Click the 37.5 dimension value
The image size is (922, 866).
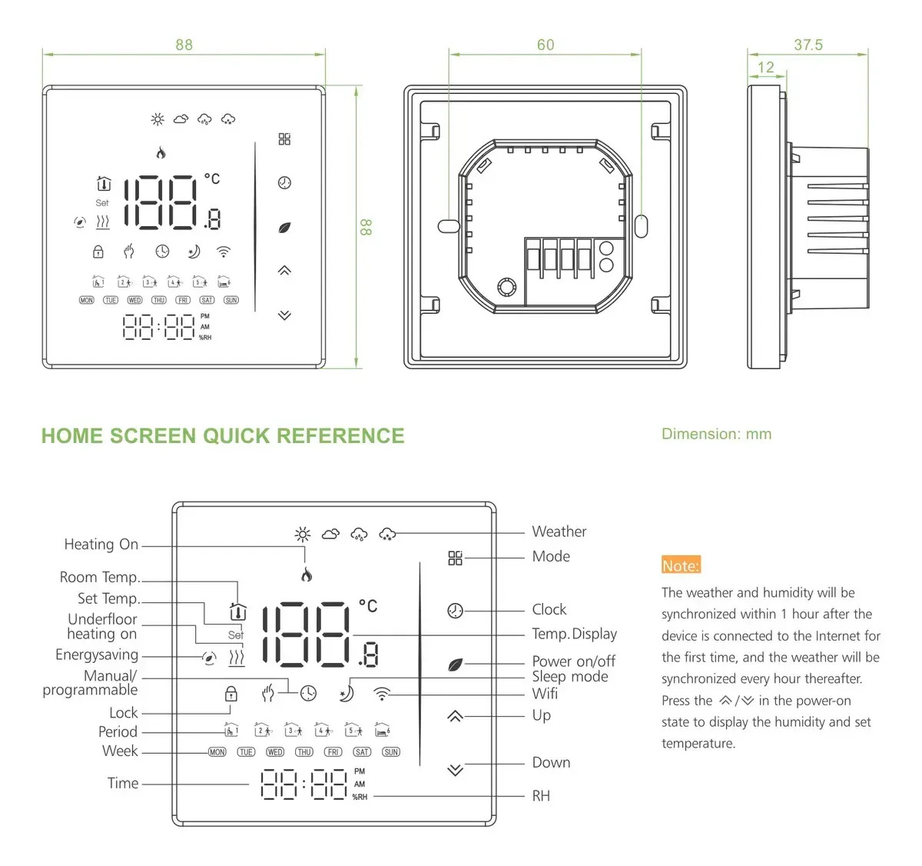tap(808, 45)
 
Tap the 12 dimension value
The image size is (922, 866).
tap(765, 68)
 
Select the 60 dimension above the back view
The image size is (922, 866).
tap(546, 45)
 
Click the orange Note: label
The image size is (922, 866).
tap(681, 565)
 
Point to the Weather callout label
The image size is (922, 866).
tap(559, 531)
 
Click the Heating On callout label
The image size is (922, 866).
tap(101, 544)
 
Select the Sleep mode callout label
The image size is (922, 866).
tap(569, 676)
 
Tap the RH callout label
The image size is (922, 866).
tap(541, 796)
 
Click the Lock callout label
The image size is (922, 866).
tap(124, 712)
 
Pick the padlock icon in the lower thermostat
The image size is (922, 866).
tap(230, 693)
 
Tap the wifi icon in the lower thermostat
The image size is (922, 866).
tap(382, 693)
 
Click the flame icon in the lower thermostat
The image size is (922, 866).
tap(306, 575)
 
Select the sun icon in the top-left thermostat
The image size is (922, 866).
tap(158, 119)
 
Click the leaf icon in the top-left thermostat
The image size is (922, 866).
tap(284, 228)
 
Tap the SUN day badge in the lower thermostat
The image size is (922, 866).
tap(391, 752)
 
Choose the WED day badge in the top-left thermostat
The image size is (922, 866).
tap(134, 300)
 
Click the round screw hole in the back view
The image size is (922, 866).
tap(506, 286)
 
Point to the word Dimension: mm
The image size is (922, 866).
tap(716, 434)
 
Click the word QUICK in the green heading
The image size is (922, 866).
tap(237, 436)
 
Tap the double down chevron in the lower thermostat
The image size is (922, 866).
tap(455, 770)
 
